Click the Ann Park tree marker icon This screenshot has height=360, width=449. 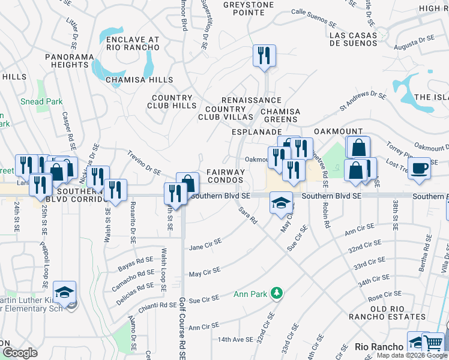point(277,293)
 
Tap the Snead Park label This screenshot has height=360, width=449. point(41,101)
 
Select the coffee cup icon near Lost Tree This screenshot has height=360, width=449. point(418,167)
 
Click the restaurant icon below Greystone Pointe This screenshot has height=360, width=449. point(264,56)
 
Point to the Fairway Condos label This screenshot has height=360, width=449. point(226,176)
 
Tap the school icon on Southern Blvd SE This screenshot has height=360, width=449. point(281,202)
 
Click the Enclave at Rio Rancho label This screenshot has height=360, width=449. point(132,43)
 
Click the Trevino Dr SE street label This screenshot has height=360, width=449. point(144,162)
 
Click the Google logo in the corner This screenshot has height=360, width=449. point(20,352)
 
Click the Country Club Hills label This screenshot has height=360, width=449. point(172,101)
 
